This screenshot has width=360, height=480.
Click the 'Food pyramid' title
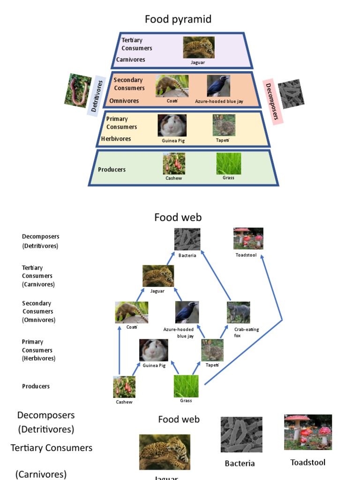[178, 19]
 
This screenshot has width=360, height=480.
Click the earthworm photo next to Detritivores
[78, 90]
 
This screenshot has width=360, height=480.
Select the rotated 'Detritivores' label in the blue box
[97, 96]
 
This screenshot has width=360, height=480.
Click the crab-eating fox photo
[239, 313]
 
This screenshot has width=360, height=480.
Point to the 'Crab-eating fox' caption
[246, 332]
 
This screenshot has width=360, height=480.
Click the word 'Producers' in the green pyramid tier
[112, 170]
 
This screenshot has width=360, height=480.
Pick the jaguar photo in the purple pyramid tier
[199, 47]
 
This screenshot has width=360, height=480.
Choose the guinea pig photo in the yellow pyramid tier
[172, 126]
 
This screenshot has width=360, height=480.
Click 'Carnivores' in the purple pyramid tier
[131, 60]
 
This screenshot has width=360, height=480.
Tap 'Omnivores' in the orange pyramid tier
[124, 101]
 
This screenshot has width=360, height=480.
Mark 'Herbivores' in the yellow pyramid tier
[116, 139]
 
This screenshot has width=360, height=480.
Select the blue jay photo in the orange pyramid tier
[218, 86]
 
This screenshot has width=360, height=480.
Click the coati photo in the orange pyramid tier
[172, 86]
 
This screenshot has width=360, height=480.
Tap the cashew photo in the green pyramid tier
[174, 164]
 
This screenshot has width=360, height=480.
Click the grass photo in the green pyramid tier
[229, 164]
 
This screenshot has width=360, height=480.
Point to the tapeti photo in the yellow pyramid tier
[224, 125]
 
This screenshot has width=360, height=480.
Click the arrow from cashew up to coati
[120, 352]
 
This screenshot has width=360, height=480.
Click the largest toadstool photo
[308, 432]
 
